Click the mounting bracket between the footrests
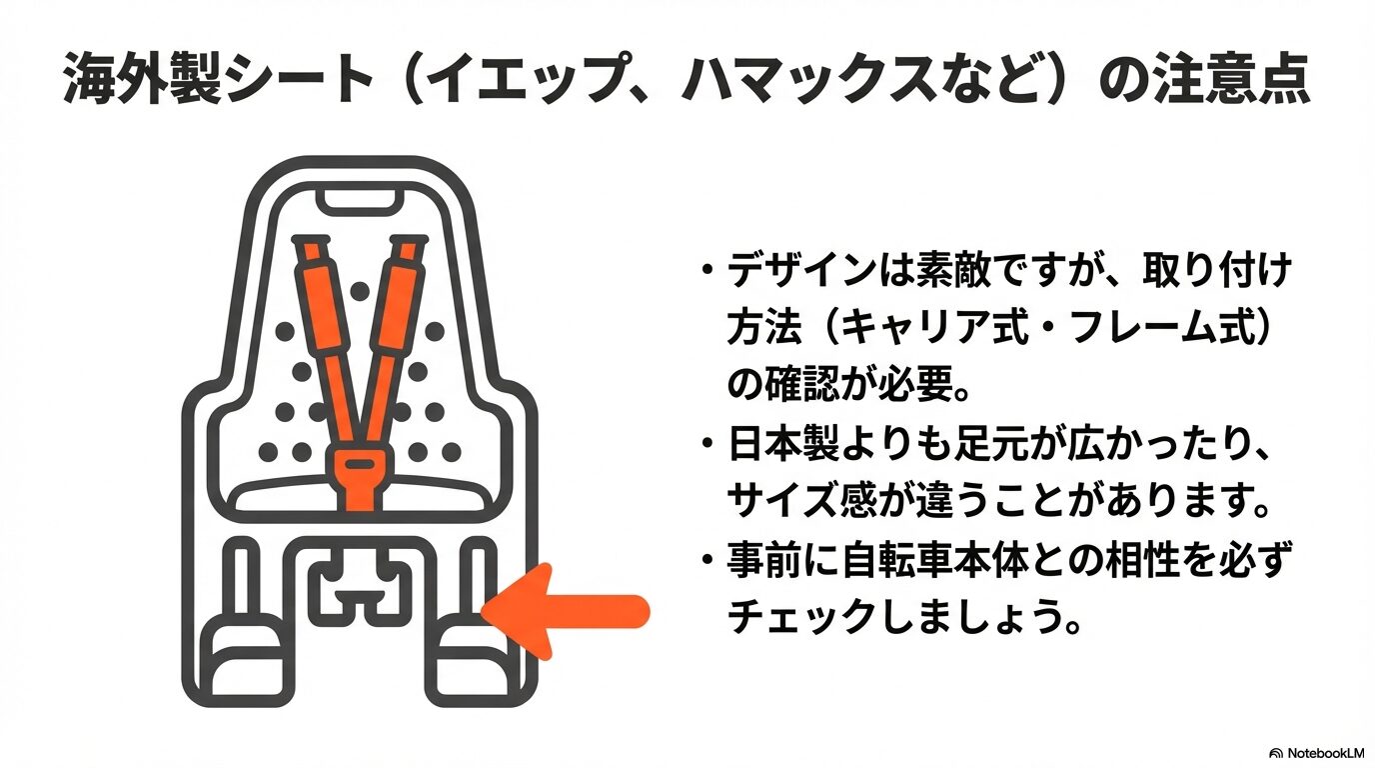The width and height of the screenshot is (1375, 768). (x=360, y=590)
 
